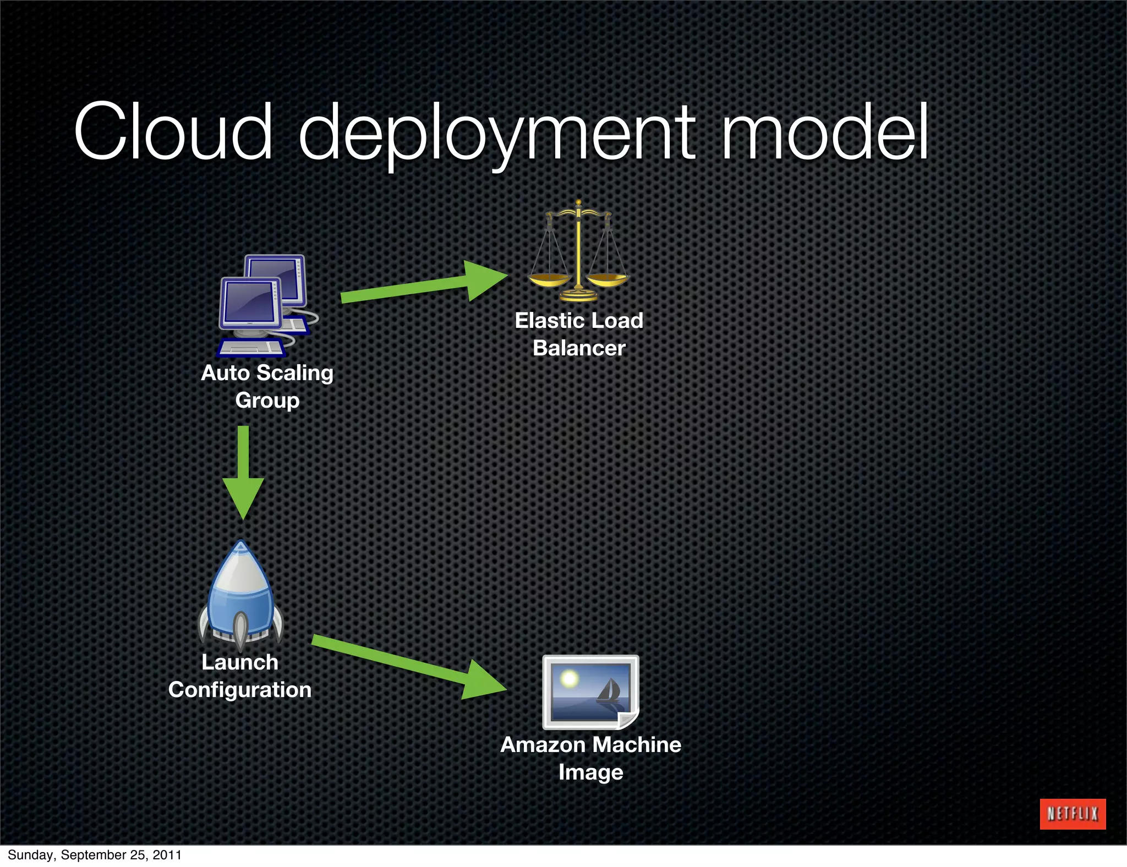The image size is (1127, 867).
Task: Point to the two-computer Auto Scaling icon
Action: click(267, 305)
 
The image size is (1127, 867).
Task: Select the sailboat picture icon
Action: click(590, 692)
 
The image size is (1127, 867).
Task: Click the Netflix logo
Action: click(1072, 814)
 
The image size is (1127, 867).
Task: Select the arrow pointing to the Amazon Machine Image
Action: click(410, 666)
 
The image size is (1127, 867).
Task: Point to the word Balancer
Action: click(579, 348)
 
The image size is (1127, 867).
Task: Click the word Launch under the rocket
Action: click(240, 662)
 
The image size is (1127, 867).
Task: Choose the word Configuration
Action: click(240, 690)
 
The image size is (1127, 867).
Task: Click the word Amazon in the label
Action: click(543, 745)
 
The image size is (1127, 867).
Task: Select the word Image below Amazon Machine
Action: click(590, 773)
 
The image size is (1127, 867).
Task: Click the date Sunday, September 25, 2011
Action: click(95, 855)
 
